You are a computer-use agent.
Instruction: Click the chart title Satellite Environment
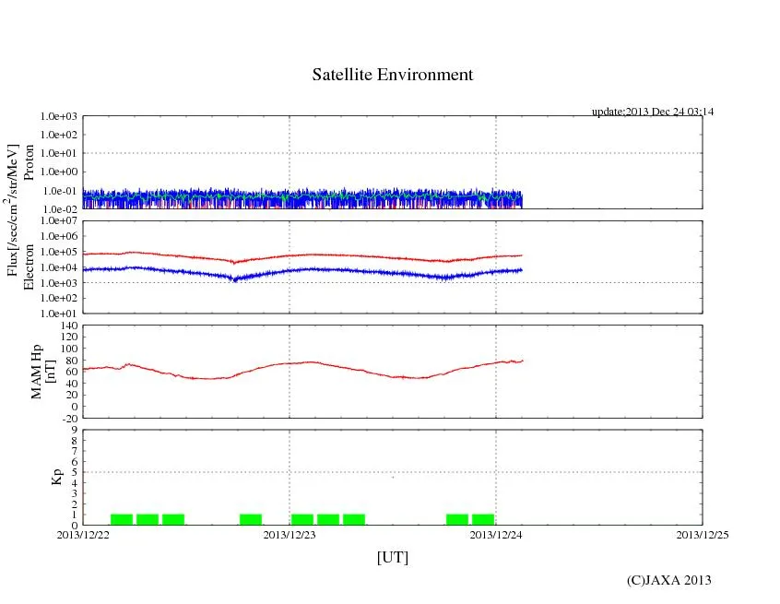(393, 75)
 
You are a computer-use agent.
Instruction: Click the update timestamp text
(653, 112)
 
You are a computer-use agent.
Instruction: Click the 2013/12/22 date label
(83, 535)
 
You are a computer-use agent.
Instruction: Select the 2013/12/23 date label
(290, 535)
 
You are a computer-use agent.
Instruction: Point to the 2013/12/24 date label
(496, 535)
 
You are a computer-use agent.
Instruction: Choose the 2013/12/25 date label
(703, 535)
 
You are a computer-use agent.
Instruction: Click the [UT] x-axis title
(393, 557)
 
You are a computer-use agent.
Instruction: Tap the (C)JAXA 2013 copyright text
(668, 580)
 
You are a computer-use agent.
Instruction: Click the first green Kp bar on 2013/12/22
(122, 519)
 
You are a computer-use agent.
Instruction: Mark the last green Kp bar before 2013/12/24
(483, 519)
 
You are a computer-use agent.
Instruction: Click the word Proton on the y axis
(30, 162)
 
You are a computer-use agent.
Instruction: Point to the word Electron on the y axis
(30, 267)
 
